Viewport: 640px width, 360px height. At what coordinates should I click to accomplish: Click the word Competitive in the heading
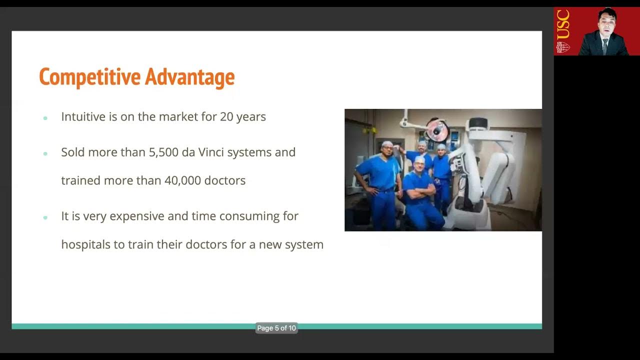(90, 77)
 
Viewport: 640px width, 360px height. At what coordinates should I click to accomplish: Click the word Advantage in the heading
(190, 77)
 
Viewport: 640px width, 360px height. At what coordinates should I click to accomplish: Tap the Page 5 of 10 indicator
(276, 328)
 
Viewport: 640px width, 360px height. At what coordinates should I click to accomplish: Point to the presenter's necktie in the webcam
(605, 46)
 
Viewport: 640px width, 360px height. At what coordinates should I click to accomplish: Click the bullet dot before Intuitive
(45, 118)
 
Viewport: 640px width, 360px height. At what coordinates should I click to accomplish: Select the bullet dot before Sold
(45, 153)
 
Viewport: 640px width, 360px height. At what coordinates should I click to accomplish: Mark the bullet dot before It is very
(45, 217)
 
